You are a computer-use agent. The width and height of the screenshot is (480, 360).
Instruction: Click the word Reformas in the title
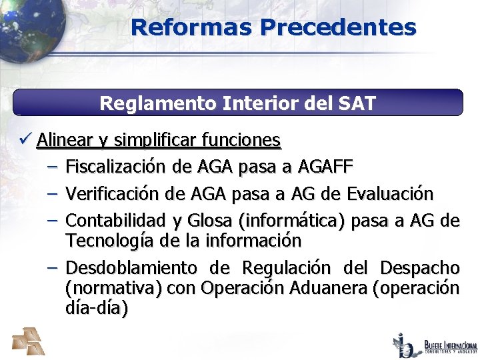[x=191, y=27]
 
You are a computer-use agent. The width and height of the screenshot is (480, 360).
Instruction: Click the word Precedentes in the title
[x=338, y=27]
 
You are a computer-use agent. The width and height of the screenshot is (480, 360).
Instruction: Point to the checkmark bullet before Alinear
[x=26, y=140]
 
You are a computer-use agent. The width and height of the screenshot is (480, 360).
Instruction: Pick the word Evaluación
[x=390, y=194]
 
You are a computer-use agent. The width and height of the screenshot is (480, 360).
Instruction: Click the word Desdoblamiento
[x=131, y=268]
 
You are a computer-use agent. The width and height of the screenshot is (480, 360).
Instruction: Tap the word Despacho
[x=419, y=268]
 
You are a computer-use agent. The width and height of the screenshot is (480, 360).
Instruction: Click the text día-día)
[x=97, y=309]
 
